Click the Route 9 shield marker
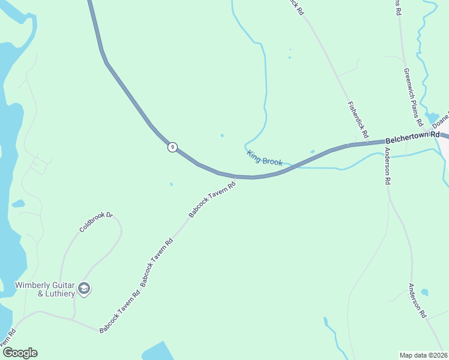(x=172, y=147)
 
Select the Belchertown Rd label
(x=412, y=137)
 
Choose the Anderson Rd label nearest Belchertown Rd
(x=388, y=165)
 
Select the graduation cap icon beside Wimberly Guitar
(x=84, y=289)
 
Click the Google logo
(x=20, y=353)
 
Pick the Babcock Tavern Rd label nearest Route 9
(x=211, y=199)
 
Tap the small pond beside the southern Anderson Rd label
(x=424, y=293)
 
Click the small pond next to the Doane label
(x=432, y=116)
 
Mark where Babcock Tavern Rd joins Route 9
(x=236, y=177)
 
